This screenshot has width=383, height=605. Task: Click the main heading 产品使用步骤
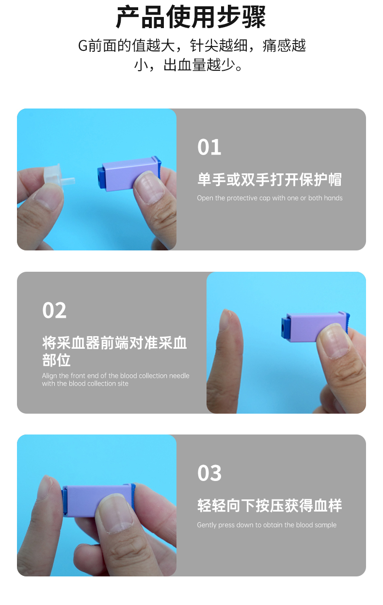(191, 17)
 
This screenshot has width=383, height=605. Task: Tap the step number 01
(209, 147)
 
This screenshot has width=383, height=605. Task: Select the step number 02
(54, 310)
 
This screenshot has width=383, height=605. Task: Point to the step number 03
(209, 473)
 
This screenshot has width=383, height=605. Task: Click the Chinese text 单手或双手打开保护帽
(270, 180)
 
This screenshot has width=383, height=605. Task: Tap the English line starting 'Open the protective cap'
(270, 198)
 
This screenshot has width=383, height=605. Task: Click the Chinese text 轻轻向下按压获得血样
(270, 506)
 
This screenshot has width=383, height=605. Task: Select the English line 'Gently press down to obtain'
(267, 525)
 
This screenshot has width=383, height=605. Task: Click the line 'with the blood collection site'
(85, 384)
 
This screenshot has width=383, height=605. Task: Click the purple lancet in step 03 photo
(97, 500)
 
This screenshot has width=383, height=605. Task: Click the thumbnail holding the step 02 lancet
(333, 341)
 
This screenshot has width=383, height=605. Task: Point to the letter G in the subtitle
(83, 46)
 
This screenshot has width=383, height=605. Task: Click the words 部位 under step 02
(56, 360)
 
